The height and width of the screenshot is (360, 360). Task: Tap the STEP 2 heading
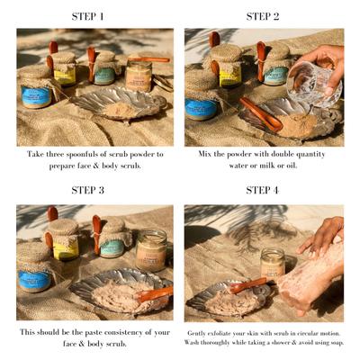263,16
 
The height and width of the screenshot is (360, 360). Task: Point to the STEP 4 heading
263,190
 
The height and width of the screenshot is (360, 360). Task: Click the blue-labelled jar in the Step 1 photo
37,94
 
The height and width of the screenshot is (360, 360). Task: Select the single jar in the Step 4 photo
273,263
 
